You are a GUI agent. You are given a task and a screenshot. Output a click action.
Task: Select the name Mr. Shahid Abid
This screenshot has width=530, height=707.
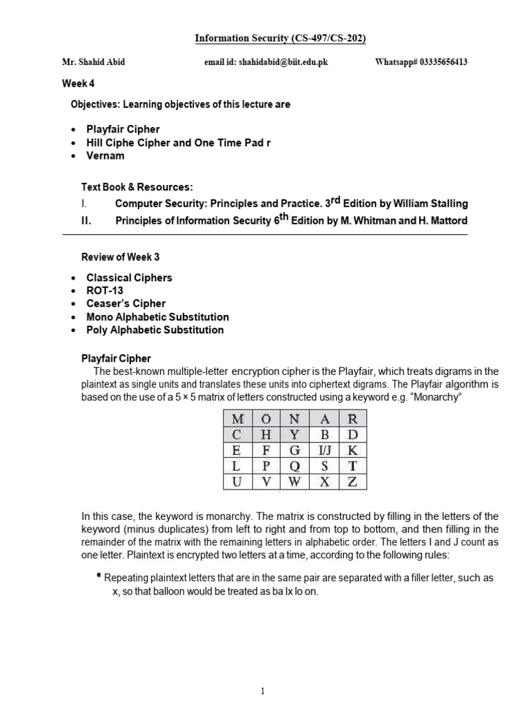[x=94, y=62]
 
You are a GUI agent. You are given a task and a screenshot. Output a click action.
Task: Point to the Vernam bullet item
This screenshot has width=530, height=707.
[x=105, y=155]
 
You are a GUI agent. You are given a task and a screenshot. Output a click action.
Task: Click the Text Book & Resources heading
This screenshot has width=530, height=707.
[x=137, y=187]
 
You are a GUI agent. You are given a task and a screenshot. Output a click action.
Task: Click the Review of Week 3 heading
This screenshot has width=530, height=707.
[x=120, y=257]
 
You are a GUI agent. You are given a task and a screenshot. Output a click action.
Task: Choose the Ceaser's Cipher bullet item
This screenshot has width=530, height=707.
[x=126, y=304]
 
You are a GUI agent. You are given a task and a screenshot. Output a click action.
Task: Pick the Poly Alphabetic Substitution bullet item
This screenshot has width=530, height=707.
[x=155, y=330]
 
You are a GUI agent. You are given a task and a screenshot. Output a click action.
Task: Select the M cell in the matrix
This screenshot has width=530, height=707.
[x=238, y=419]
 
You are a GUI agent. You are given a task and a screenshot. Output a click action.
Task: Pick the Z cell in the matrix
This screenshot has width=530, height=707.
[x=352, y=482]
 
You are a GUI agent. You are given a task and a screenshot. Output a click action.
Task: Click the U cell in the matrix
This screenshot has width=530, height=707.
[x=238, y=482]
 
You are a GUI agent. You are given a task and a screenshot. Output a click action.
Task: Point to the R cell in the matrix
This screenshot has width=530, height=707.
[x=352, y=419]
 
